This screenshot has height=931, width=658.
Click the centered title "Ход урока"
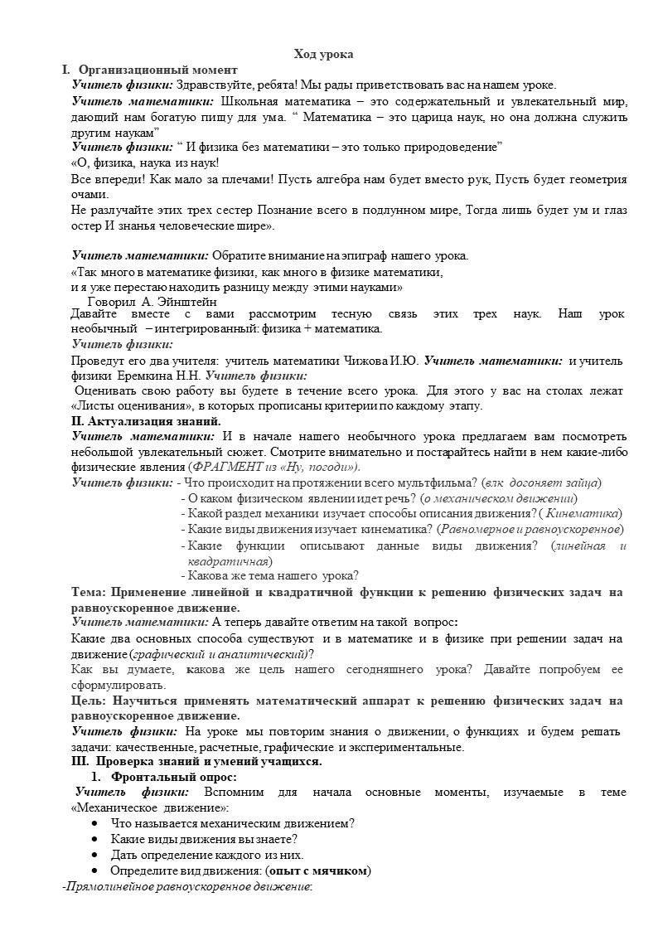324,54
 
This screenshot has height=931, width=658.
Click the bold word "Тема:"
89,592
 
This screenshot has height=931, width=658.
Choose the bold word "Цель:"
89,701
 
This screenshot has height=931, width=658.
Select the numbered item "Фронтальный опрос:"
174,777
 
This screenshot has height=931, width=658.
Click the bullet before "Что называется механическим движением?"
96,823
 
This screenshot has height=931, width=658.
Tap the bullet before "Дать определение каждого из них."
96,855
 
